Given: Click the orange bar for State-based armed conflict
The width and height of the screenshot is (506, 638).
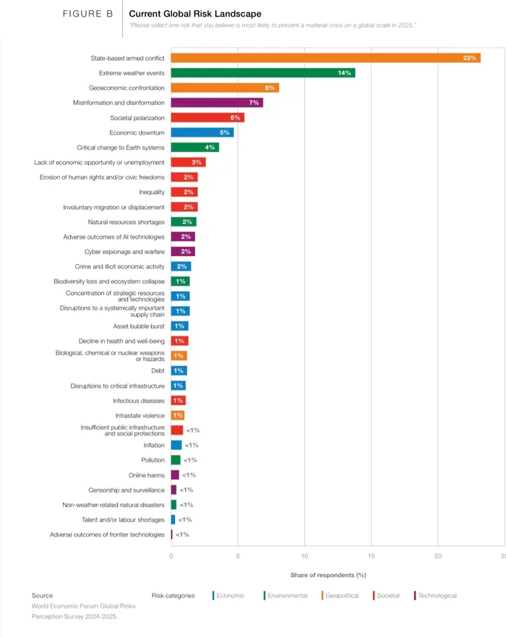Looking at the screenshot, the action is tap(325, 58).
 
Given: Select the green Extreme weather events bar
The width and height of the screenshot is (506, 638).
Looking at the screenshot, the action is tap(263, 73).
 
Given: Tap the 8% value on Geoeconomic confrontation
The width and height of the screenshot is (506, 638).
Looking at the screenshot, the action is tap(270, 88).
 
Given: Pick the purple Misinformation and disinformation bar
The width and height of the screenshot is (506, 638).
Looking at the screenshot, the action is tap(217, 103).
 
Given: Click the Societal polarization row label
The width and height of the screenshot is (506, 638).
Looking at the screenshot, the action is tap(137, 118).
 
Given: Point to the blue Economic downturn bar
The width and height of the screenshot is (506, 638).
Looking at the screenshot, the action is tap(202, 132).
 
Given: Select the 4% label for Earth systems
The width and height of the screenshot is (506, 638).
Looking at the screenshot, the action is tap(210, 148).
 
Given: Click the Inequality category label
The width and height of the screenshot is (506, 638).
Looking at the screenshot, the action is tap(152, 192).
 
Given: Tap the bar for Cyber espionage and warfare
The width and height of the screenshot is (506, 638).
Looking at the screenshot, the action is tap(183, 252).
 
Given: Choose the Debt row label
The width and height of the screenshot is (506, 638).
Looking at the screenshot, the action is tap(158, 370).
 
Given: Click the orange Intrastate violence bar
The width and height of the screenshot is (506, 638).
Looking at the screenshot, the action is tap(178, 415).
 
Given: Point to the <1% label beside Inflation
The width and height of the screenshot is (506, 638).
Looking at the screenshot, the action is tap(192, 445).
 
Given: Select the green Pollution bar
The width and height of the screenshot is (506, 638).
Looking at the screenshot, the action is tap(176, 460).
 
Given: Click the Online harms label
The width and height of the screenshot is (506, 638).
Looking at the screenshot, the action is tap(147, 475).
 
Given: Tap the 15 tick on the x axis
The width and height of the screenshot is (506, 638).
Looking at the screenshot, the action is tap(371, 556).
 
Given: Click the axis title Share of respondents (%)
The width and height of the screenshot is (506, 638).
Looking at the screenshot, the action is tap(328, 575).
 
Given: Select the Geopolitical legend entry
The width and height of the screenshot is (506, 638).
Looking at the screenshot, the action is tap(340, 595).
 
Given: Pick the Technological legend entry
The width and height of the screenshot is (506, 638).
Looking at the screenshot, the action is tap(435, 595).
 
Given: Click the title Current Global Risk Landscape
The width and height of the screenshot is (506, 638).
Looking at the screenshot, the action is tap(195, 14).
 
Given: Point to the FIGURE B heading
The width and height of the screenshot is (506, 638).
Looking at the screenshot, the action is tap(87, 14).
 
